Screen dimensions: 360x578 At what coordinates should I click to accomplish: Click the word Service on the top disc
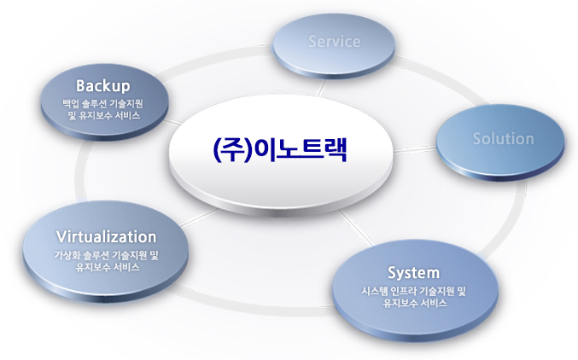(335, 42)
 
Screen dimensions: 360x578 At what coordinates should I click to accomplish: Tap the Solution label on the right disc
(503, 138)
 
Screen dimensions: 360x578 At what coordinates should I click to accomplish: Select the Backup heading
(102, 85)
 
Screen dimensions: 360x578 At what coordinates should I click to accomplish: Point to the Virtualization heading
(106, 236)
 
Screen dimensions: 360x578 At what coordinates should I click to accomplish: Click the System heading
(413, 273)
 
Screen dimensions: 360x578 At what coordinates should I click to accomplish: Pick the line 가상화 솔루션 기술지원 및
(106, 255)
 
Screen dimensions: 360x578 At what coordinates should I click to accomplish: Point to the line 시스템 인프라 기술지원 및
(413, 292)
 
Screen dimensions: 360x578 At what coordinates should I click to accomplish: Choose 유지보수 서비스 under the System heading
(413, 303)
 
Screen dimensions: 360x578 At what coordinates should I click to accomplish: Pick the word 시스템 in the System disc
(375, 292)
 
